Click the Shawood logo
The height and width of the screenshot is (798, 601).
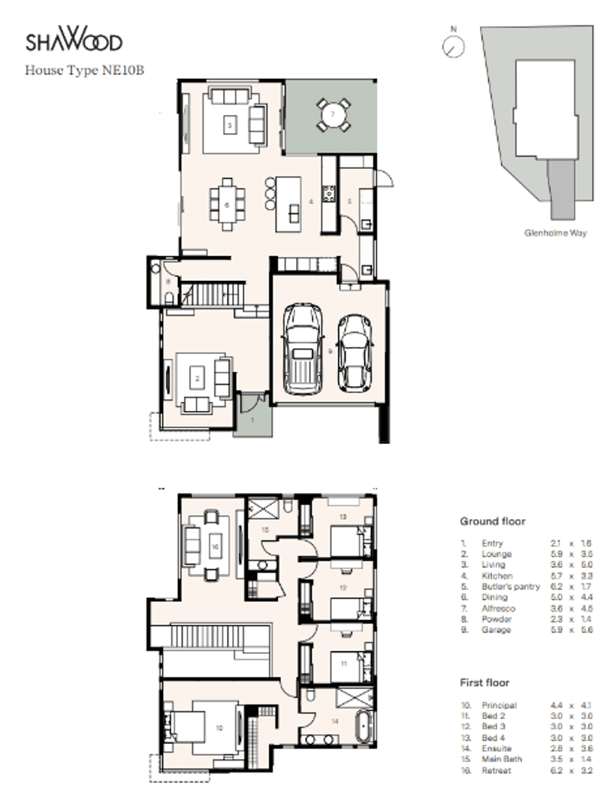[x=74, y=41]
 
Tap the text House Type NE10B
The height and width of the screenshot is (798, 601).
[x=83, y=71]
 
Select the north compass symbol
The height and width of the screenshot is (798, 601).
[x=454, y=46]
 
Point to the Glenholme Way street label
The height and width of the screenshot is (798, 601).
[x=555, y=233]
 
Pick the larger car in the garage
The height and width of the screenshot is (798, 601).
[x=302, y=349]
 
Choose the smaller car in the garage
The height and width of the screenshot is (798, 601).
[x=355, y=352]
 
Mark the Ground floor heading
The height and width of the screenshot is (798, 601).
[x=492, y=521]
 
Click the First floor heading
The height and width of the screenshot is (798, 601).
[x=484, y=683]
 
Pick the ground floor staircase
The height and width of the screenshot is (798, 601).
[x=215, y=293]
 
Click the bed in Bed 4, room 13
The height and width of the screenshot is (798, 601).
[x=347, y=540]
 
